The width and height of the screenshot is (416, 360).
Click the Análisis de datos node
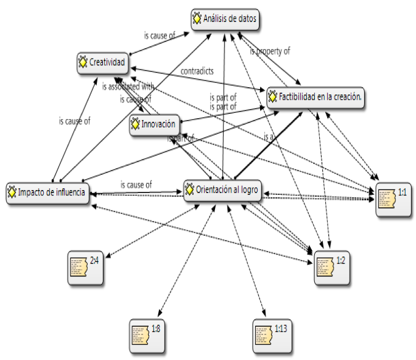click(224, 19)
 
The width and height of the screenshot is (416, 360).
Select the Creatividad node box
click(102, 63)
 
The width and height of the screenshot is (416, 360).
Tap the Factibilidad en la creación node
click(316, 97)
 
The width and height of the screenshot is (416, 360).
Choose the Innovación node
click(155, 125)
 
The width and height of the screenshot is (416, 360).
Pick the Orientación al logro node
click(222, 190)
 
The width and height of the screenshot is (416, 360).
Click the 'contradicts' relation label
click(197, 71)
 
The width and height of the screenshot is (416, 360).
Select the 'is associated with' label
click(128, 86)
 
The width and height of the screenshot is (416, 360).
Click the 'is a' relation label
click(269, 137)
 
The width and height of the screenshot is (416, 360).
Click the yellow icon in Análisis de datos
click(197, 19)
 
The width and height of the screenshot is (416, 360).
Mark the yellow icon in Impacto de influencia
click(12, 192)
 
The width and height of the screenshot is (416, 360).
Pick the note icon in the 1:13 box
click(263, 336)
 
